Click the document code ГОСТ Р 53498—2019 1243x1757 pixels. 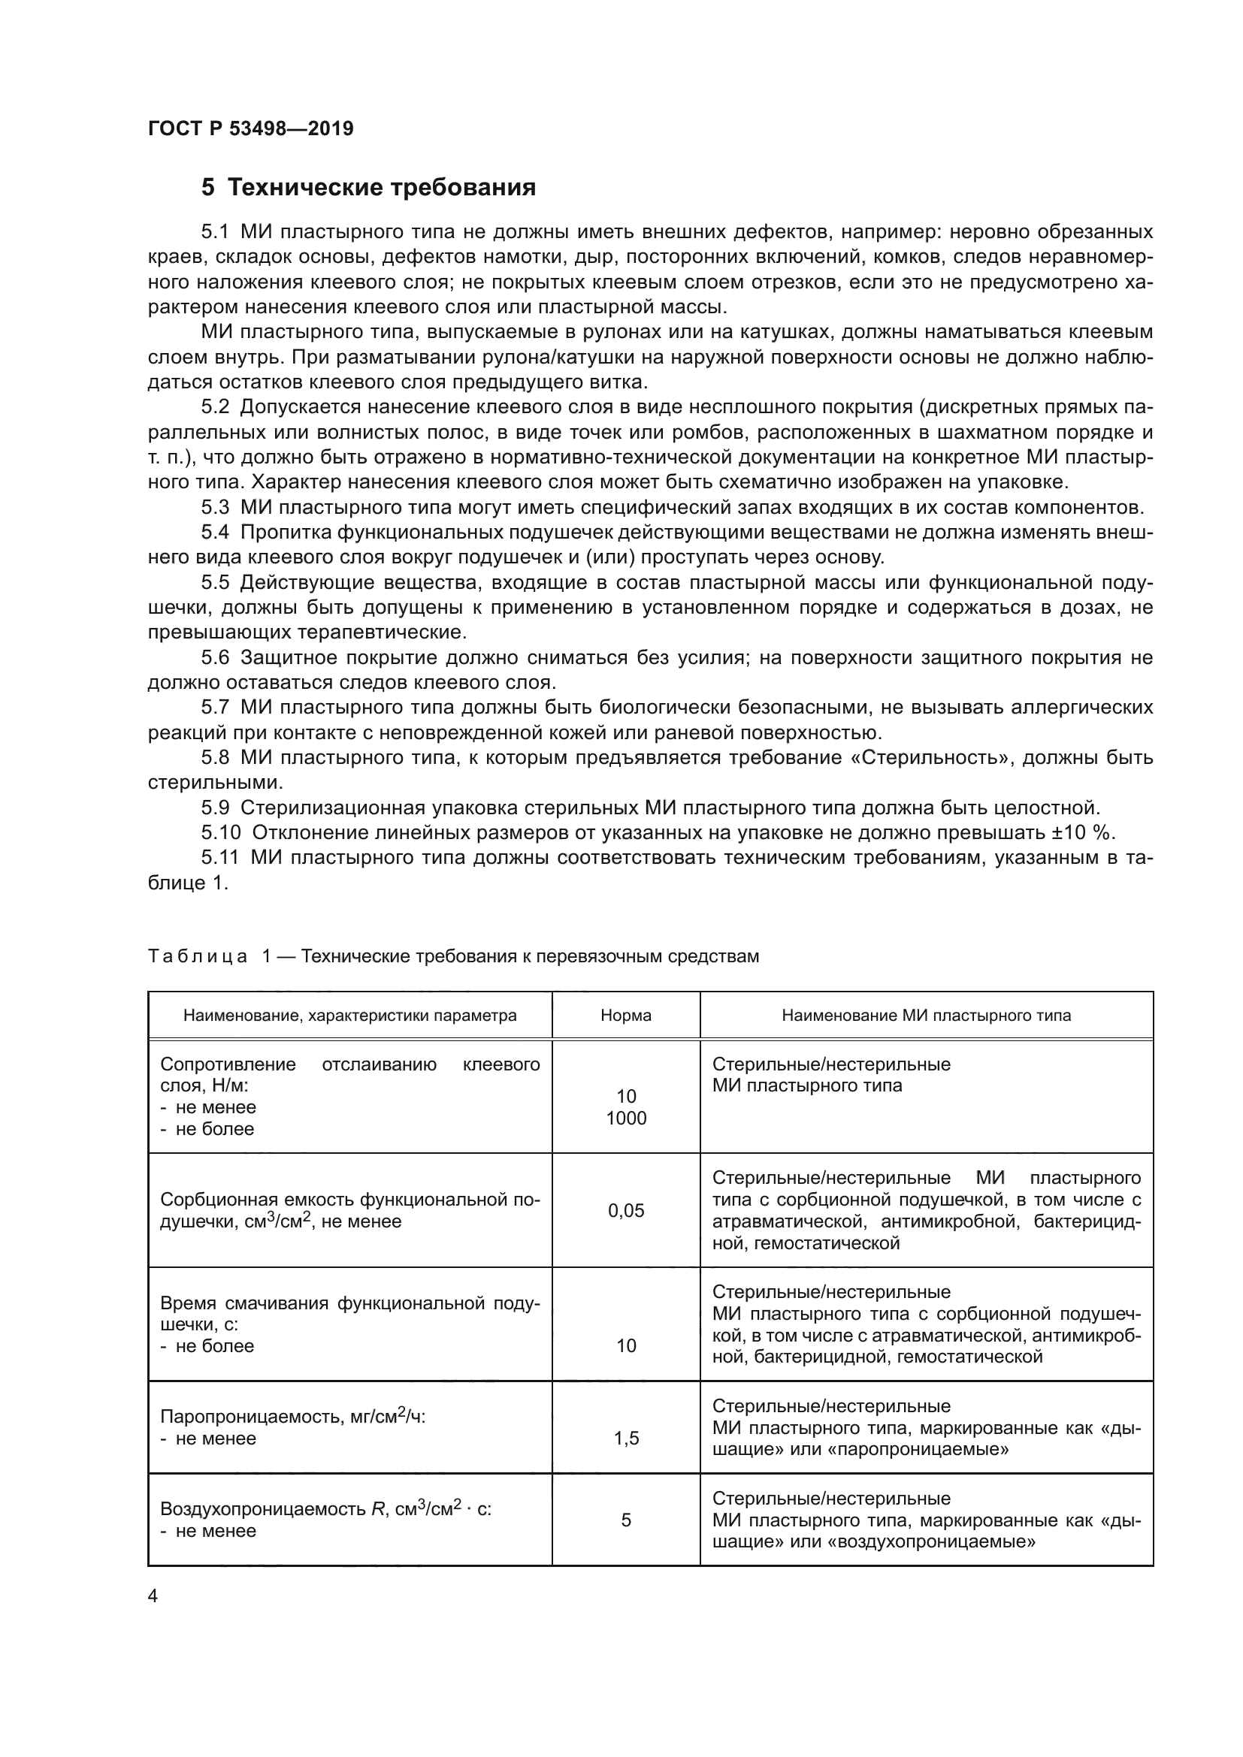250,128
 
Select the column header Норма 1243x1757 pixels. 625,1016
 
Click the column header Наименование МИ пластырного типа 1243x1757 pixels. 926,1016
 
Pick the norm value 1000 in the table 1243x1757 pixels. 626,1118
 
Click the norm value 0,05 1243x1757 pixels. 626,1210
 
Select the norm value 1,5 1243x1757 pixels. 626,1439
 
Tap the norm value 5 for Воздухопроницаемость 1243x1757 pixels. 626,1520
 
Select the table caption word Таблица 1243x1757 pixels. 198,956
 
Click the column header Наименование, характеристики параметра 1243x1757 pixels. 349,1016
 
